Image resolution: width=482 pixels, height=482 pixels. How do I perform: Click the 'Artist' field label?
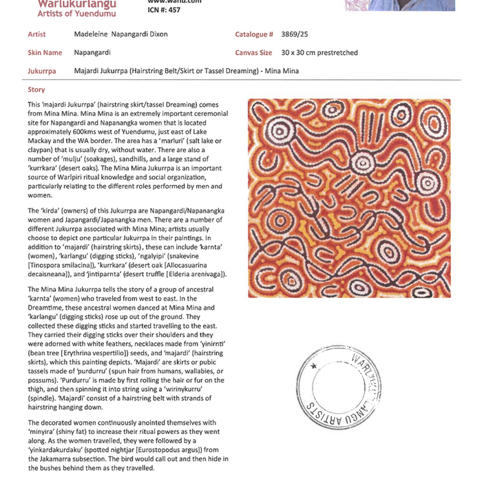(x=36, y=34)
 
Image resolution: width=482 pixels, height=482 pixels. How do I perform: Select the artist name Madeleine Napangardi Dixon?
(x=120, y=34)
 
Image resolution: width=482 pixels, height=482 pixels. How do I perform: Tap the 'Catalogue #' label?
(x=254, y=34)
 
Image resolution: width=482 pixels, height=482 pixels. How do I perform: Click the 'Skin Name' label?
(x=45, y=52)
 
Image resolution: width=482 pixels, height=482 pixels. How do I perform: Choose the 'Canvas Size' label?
(x=256, y=52)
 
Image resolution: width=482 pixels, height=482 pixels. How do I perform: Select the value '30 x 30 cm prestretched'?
(x=319, y=52)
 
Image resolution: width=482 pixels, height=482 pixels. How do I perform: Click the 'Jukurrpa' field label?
(x=41, y=71)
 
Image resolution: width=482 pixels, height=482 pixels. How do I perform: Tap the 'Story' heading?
(x=36, y=90)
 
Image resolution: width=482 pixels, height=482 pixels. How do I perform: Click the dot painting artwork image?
(x=349, y=198)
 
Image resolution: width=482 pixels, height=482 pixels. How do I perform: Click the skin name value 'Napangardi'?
(x=92, y=52)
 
